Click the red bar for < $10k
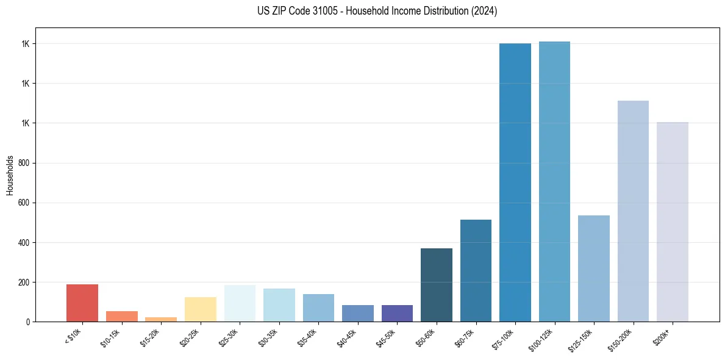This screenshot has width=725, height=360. pos(82,303)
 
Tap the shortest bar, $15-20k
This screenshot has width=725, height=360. pos(161,319)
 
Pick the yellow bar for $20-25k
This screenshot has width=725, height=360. pos(201,309)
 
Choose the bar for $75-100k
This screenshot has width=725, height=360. pos(515,183)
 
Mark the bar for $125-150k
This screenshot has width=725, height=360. pos(594,268)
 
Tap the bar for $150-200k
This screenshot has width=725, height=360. pos(633,211)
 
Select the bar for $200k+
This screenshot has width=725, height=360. pos(673,222)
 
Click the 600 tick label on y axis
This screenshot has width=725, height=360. pos(24,203)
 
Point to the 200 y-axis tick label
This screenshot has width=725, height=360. pos(24,283)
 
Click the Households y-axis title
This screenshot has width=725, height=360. pos(10,175)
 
